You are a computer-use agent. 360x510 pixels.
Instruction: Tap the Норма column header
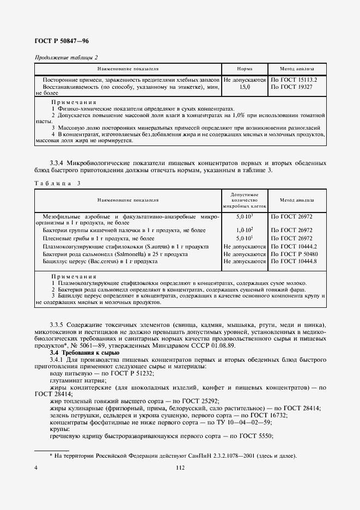pos(245,70)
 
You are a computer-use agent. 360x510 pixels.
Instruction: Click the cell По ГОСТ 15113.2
pos(294,80)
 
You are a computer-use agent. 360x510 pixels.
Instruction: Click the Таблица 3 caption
pos(57,183)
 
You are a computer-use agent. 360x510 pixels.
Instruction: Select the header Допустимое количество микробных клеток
pos(245,200)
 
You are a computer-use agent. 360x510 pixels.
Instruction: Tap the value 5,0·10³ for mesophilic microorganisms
pos(245,216)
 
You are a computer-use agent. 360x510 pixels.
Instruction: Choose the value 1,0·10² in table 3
pos(245,231)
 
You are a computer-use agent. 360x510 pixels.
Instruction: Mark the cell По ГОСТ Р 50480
pos(297,254)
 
